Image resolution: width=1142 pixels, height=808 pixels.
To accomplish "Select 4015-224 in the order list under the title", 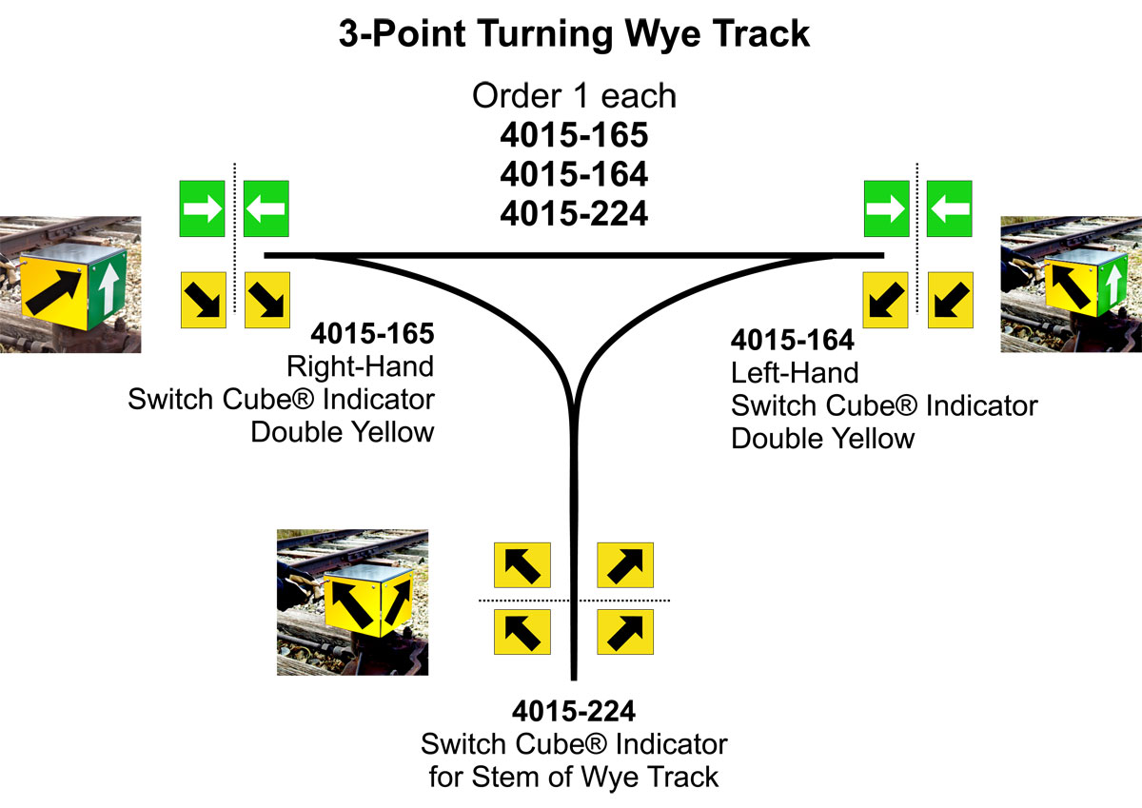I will click(x=574, y=213).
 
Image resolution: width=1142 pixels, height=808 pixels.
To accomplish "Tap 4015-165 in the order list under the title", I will click(x=574, y=135).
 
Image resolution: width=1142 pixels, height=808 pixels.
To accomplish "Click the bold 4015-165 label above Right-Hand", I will click(x=372, y=335).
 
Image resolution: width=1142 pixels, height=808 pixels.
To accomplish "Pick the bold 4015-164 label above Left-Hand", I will click(x=792, y=340).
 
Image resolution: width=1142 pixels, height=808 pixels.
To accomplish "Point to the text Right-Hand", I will click(x=360, y=366).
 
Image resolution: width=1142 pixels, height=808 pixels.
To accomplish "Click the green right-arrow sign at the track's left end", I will click(x=203, y=208).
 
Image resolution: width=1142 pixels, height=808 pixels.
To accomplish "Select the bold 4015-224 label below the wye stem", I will click(x=574, y=711).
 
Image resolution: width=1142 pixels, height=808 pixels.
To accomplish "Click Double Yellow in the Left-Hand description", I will click(x=822, y=439).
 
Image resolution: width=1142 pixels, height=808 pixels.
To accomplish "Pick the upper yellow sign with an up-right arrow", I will click(x=624, y=565).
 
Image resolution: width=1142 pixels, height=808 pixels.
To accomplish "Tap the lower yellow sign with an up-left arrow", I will click(x=522, y=631).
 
